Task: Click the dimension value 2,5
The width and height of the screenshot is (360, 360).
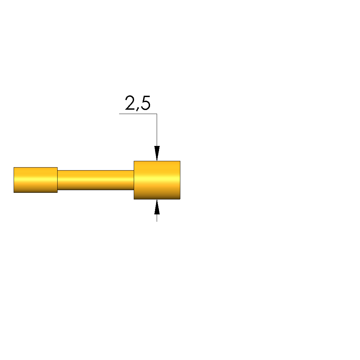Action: [x=138, y=103]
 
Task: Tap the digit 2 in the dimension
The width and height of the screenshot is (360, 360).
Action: [x=130, y=102]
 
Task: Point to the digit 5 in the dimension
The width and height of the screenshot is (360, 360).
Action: [x=146, y=103]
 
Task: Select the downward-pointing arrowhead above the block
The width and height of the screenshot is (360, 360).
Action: [x=157, y=153]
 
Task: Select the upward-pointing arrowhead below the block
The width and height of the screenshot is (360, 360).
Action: [x=157, y=207]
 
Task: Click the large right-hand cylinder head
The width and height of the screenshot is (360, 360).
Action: [x=157, y=180]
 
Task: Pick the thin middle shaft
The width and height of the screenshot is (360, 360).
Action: [x=95, y=180]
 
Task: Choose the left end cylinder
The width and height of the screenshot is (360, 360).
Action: [x=36, y=180]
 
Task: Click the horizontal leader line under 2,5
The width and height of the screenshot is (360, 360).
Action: [x=138, y=114]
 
